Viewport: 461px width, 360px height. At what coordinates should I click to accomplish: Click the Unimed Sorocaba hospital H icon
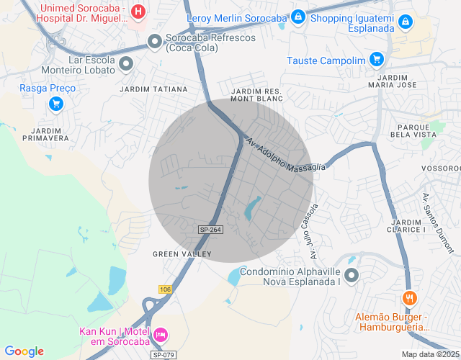tap(138, 12)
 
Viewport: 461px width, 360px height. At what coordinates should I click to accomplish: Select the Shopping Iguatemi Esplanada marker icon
tap(406, 23)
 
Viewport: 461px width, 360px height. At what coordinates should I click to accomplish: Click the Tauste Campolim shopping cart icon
tap(376, 60)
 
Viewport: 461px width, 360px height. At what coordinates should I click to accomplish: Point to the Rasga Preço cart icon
tap(55, 104)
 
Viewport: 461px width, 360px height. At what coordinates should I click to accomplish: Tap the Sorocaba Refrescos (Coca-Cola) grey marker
tap(154, 42)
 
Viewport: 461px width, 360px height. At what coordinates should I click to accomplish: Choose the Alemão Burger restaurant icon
tap(409, 297)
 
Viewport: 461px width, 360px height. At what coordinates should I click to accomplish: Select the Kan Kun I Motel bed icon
tap(161, 335)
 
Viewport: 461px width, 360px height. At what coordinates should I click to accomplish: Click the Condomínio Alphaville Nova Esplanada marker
tap(352, 274)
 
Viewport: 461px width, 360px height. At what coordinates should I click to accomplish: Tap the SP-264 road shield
tap(210, 229)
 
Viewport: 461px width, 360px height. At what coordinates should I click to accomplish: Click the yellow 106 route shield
tap(166, 289)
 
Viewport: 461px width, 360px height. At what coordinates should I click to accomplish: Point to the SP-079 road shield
tap(163, 355)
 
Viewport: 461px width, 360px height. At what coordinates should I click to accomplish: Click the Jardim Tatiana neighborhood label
tap(153, 89)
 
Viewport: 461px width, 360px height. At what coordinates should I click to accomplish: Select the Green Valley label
tap(182, 254)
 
